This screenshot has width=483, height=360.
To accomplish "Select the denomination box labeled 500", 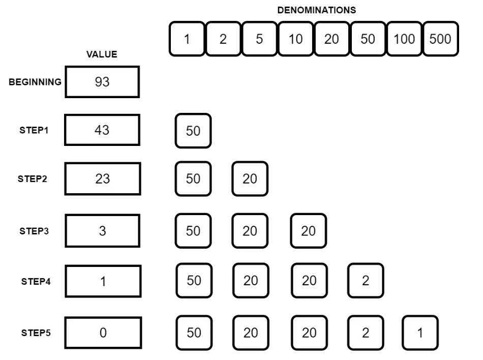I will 440,39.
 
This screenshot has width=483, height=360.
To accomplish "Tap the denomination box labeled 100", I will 404,39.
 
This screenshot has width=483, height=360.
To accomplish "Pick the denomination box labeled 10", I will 295,39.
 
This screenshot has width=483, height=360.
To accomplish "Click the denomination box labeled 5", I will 259,39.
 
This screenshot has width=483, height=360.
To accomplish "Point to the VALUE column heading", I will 102,55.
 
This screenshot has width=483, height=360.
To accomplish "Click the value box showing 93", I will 102,82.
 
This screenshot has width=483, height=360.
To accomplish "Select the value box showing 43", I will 102,130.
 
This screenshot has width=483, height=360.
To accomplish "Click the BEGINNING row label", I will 35,82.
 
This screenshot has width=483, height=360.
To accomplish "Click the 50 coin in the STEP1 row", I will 193,131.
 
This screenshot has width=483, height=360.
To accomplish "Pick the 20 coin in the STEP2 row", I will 250,179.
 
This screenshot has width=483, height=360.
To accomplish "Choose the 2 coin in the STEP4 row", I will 365,280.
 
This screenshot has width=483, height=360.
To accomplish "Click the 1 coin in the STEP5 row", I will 420,333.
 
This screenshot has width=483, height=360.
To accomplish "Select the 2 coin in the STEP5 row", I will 365,333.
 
